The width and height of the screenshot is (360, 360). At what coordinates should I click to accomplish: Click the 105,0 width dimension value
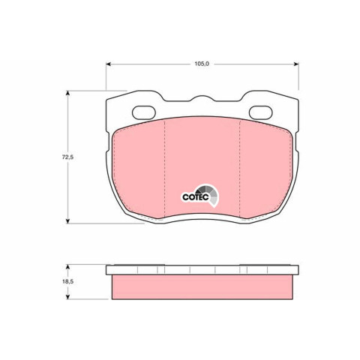click(202, 64)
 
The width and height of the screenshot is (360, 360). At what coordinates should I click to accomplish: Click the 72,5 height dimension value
click(67, 157)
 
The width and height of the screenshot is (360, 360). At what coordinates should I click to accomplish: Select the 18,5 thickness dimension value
click(67, 281)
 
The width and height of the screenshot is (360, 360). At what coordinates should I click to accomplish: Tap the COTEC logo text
click(196, 197)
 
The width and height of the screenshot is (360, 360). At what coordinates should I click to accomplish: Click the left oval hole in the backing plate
click(144, 112)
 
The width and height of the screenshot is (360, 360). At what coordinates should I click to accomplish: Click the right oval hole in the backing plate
click(261, 112)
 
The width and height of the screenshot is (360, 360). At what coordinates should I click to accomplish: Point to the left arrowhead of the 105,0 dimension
click(108, 64)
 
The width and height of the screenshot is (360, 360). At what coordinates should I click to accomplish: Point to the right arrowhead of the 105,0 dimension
click(296, 64)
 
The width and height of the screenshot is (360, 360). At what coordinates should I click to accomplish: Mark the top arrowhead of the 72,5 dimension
click(67, 93)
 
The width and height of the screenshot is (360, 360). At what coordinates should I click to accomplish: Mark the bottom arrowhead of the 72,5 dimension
click(67, 221)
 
